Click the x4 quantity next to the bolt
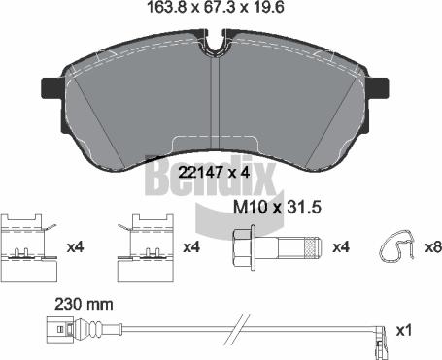coord(341,247)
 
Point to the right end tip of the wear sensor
coord(385,332)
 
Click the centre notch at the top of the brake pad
coord(216,47)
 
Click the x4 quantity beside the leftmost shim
coord(75,247)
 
